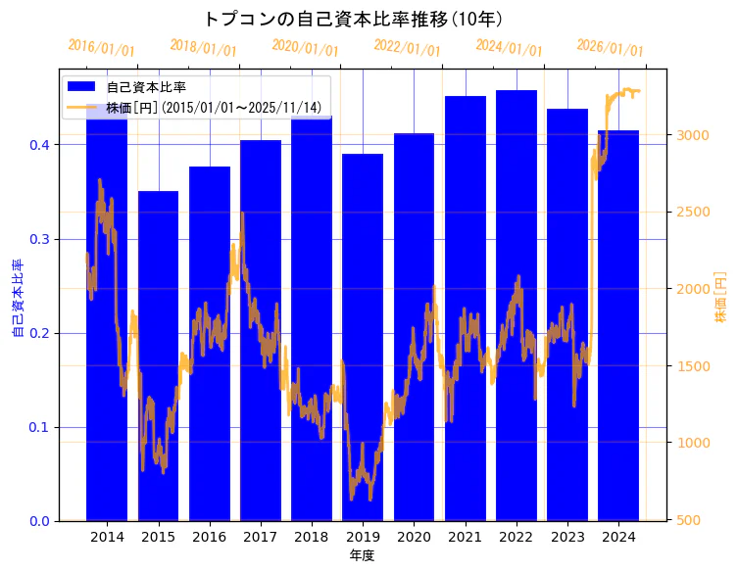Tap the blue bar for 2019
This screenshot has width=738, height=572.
[363, 337]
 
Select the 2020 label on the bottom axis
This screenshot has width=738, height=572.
[414, 537]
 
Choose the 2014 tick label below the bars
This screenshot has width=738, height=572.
[107, 537]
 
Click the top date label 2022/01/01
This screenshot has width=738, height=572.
[407, 47]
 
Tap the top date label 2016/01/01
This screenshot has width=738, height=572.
[101, 47]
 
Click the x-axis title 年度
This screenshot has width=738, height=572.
[362, 555]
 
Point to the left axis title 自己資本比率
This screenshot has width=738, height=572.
[17, 299]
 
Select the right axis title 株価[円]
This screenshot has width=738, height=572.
[721, 298]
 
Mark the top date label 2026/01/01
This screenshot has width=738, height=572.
[610, 47]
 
